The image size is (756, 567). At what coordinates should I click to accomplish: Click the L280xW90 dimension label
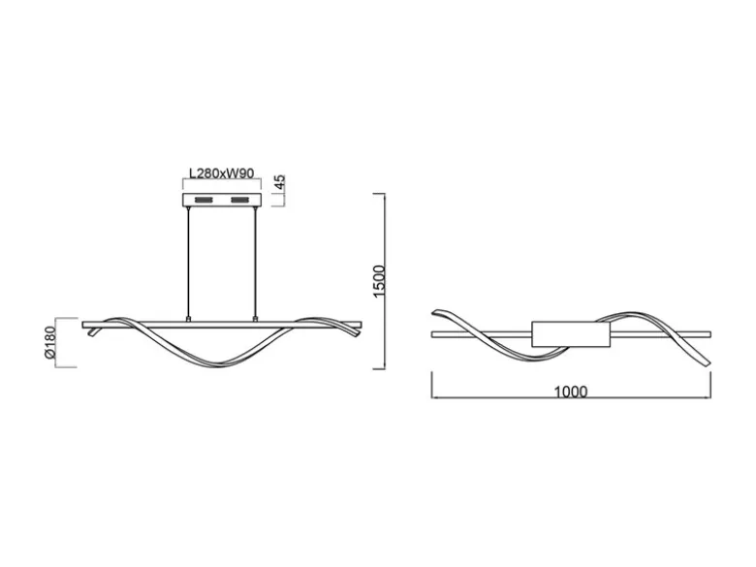pos(221,173)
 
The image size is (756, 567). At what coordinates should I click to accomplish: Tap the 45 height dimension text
pos(280,183)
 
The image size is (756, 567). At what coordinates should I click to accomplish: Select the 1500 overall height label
pos(380,281)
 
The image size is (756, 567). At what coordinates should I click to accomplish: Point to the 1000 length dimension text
pos(570,392)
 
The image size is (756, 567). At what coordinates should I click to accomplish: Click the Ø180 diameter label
pos(49,342)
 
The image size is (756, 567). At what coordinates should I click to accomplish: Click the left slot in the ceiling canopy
pos(204,200)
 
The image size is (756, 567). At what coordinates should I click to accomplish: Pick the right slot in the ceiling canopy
pos(240,200)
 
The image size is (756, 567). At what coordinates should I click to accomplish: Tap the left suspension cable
pos(188,262)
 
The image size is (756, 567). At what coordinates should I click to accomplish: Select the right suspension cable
pos(255,262)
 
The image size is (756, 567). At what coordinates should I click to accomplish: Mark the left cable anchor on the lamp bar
pos(188,319)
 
